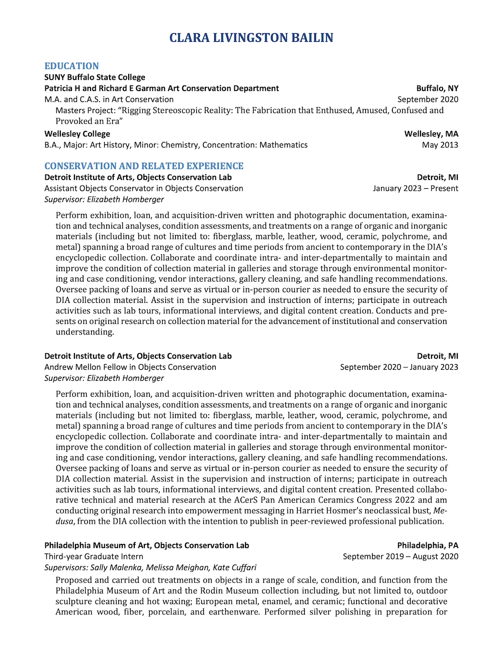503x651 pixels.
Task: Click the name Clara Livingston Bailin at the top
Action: (x=251, y=38)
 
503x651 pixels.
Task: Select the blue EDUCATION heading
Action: (x=71, y=66)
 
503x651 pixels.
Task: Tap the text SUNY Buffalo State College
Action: (x=95, y=77)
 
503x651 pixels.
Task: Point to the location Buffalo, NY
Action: (x=437, y=88)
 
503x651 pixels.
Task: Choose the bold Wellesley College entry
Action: (x=77, y=134)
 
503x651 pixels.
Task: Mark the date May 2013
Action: (x=440, y=145)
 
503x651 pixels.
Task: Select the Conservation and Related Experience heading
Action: (x=144, y=166)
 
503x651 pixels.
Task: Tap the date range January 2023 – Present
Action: (x=415, y=188)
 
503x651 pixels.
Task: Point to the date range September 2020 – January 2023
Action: (x=399, y=367)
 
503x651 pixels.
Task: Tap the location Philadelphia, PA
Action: (x=428, y=545)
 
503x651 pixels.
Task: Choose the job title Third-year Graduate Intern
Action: (x=94, y=556)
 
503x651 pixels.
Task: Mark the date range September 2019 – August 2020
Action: (x=400, y=556)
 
